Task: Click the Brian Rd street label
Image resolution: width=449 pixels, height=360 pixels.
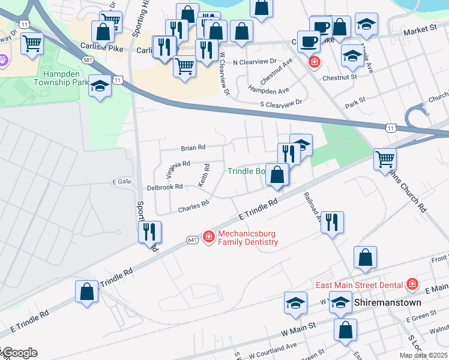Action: (x=193, y=147)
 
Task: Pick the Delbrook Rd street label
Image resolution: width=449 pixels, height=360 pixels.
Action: (x=164, y=187)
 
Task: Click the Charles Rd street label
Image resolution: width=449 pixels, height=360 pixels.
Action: (x=193, y=206)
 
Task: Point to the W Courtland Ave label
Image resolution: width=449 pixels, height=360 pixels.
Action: (x=273, y=346)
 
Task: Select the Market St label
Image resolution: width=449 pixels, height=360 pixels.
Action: (x=420, y=29)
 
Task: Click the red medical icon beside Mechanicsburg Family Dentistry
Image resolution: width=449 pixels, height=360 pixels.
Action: (x=209, y=238)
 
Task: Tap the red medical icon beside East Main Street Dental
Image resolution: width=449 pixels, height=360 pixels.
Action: (x=412, y=284)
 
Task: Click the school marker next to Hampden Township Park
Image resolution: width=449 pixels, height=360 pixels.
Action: (x=100, y=88)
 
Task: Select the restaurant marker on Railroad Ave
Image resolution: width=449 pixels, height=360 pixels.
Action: (x=331, y=223)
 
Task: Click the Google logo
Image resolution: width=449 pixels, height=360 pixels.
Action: (x=19, y=353)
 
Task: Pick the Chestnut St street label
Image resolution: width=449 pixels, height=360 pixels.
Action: (x=340, y=77)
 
